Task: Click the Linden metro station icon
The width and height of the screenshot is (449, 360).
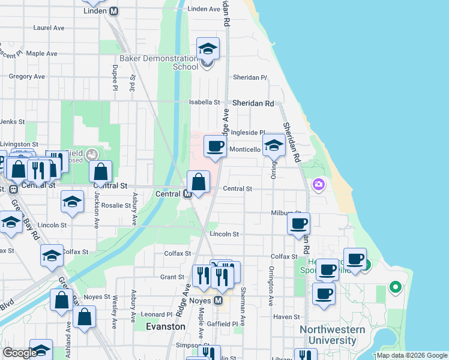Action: tap(113, 11)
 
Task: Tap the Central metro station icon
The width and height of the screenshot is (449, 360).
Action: tap(187, 194)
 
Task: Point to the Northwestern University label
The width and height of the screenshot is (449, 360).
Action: tap(332, 335)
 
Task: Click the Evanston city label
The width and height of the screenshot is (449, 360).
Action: tap(166, 326)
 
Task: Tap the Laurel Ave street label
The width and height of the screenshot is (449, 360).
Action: tap(49, 28)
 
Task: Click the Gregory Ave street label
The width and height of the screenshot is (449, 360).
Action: tap(27, 77)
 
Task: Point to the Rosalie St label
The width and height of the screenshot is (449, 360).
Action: tap(116, 205)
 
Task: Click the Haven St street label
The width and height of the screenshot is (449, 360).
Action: tap(286, 317)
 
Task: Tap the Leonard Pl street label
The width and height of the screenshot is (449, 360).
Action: tap(156, 314)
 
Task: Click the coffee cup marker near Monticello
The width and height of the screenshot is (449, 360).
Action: tap(215, 146)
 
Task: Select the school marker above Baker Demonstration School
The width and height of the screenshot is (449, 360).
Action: tap(208, 48)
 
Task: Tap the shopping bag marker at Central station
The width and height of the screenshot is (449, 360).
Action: tap(198, 181)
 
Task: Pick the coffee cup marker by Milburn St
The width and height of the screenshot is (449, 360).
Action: tap(298, 224)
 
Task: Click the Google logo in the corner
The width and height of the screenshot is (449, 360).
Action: tap(19, 353)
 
